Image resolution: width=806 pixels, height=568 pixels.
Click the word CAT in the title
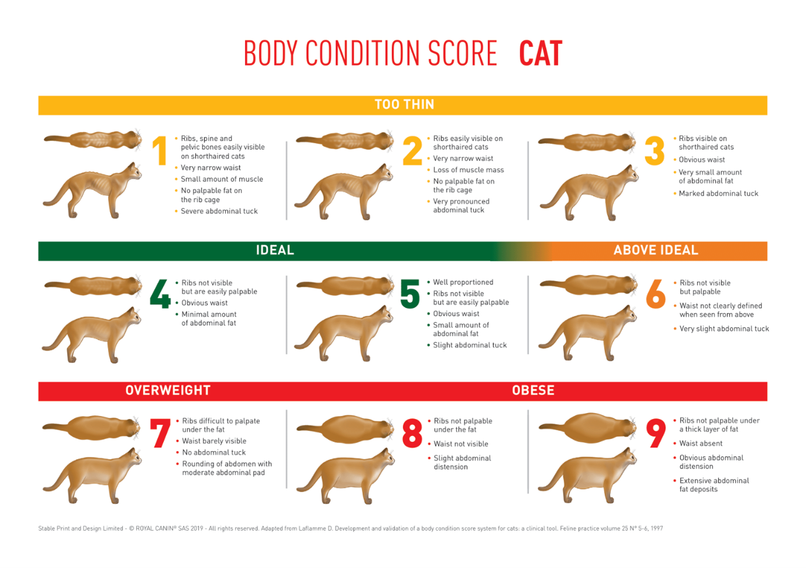(540, 54)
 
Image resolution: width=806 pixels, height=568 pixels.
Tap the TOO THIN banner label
(404, 105)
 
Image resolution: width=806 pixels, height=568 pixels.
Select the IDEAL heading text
(275, 250)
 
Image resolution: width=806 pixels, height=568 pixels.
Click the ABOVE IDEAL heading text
(655, 250)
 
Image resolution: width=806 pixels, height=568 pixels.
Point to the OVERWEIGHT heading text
(168, 390)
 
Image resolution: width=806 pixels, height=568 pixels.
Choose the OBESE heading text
(533, 390)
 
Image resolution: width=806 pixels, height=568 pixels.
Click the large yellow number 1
(160, 151)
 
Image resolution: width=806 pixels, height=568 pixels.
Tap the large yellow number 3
(654, 151)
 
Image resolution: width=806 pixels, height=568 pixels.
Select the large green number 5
(410, 293)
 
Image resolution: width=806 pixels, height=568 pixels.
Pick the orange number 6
(655, 293)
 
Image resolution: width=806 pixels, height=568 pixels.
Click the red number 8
(412, 433)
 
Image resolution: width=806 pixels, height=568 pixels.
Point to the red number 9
(656, 433)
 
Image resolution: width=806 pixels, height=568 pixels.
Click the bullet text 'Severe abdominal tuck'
(219, 212)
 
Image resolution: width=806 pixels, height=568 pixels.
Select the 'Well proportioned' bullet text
(463, 282)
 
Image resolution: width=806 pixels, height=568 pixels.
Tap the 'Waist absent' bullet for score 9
(700, 444)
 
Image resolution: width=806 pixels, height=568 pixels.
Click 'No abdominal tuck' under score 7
(213, 452)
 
